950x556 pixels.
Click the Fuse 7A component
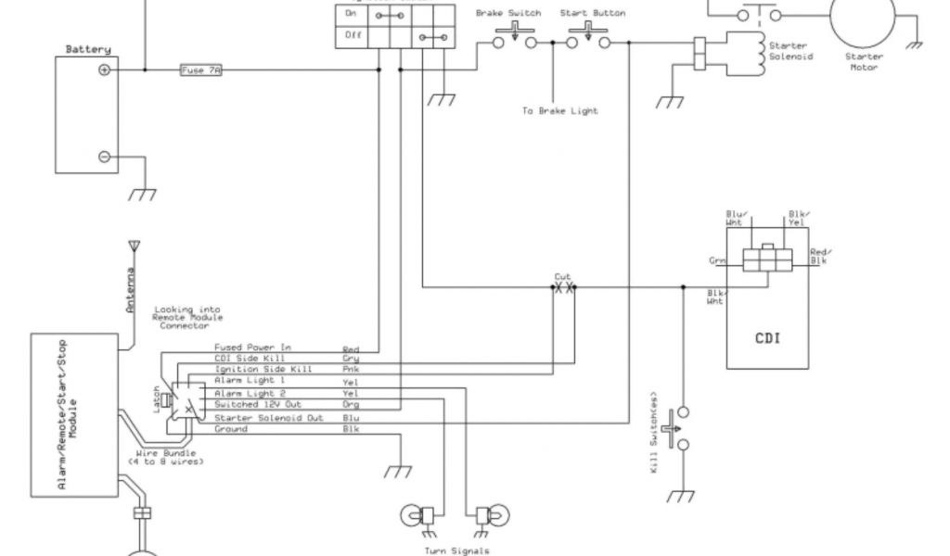click(200, 70)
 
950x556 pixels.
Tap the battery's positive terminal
click(104, 70)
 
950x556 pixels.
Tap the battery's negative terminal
click(104, 158)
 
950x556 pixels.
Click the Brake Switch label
click(508, 13)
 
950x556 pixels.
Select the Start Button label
click(592, 13)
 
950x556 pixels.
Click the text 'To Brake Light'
click(559, 110)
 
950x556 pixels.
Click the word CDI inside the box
click(766, 337)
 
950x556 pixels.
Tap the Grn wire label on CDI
click(717, 261)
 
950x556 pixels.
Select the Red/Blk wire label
click(819, 257)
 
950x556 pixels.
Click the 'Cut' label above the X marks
click(562, 277)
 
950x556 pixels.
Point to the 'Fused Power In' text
click(252, 347)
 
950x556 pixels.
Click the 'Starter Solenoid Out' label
click(268, 417)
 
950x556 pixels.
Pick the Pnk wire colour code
click(351, 371)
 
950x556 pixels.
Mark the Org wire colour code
click(351, 406)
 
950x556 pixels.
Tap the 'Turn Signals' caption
click(456, 550)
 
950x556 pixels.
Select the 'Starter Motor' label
click(864, 61)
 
